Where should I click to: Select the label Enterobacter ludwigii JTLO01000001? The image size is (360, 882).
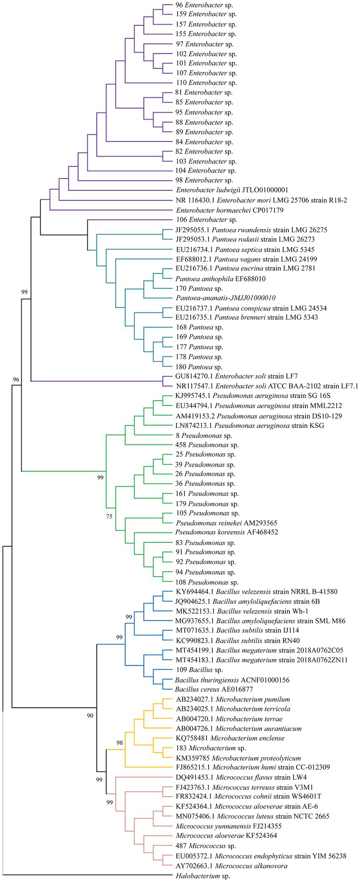(232, 190)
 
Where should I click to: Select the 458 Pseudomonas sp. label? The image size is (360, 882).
(207, 445)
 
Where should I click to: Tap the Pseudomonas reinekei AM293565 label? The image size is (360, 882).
(226, 523)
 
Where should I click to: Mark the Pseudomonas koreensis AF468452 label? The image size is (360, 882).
(227, 532)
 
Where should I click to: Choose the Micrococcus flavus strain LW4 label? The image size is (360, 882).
(241, 777)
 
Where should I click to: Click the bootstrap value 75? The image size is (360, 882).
(110, 516)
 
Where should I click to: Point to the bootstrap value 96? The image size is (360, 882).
(16, 379)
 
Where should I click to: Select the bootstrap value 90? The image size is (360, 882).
(90, 716)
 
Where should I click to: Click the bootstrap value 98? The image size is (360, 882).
(120, 742)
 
